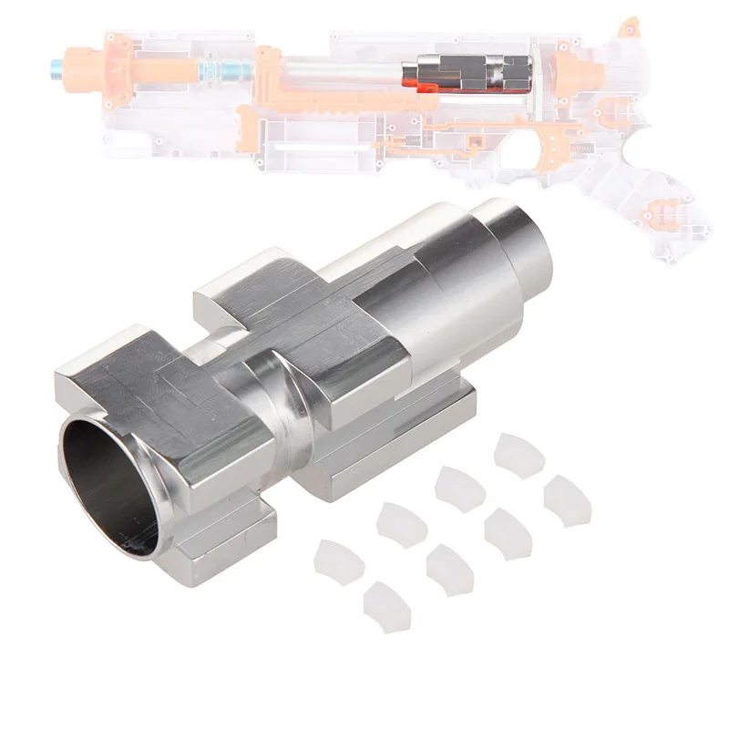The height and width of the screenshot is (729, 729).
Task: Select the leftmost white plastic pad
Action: (338, 561)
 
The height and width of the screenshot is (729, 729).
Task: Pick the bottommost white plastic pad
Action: (386, 606)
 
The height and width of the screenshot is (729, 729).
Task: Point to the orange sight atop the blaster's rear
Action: (629, 27)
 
